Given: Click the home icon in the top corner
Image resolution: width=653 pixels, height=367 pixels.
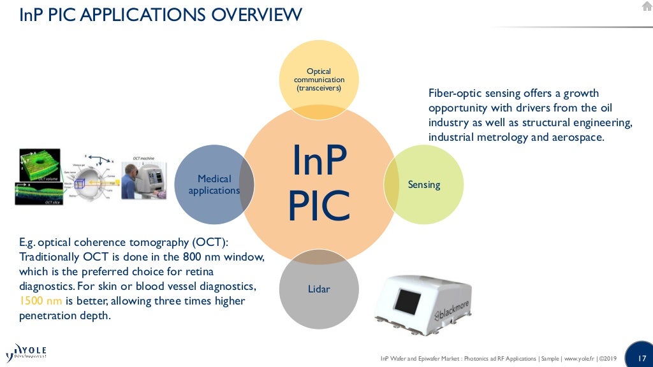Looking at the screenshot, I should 647,6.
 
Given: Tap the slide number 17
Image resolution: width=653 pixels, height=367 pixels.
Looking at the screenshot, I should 642,357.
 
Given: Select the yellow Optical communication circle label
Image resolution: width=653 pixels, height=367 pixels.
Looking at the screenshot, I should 319,80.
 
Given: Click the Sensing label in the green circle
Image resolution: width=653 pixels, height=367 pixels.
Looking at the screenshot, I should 424,185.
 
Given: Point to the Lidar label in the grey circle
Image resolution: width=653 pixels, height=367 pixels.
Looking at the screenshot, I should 319,289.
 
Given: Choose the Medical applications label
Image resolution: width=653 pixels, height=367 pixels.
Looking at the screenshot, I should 214,185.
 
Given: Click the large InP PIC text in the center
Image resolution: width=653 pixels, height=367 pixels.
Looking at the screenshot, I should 319,184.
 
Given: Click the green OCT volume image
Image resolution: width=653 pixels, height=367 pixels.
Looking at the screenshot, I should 38,164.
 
